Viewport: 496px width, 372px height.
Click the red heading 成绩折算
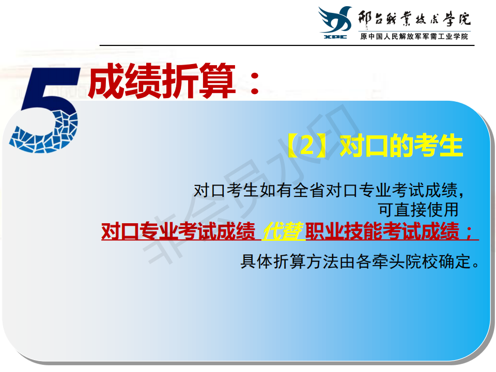(162, 81)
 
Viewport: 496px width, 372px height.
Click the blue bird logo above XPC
(335, 20)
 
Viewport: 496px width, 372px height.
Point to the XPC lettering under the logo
(335, 37)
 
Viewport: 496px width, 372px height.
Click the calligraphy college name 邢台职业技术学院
(414, 19)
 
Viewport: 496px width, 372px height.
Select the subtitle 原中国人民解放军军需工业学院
(414, 37)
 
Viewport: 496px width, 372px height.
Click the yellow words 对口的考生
(401, 146)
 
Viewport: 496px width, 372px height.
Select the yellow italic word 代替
(283, 231)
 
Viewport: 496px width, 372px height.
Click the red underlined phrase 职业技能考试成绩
(382, 231)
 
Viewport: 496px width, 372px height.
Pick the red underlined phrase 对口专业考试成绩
(178, 231)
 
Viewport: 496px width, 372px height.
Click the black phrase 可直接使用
(418, 210)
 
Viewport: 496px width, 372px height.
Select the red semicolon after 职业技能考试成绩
(468, 233)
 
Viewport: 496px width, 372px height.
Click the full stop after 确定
(476, 266)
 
